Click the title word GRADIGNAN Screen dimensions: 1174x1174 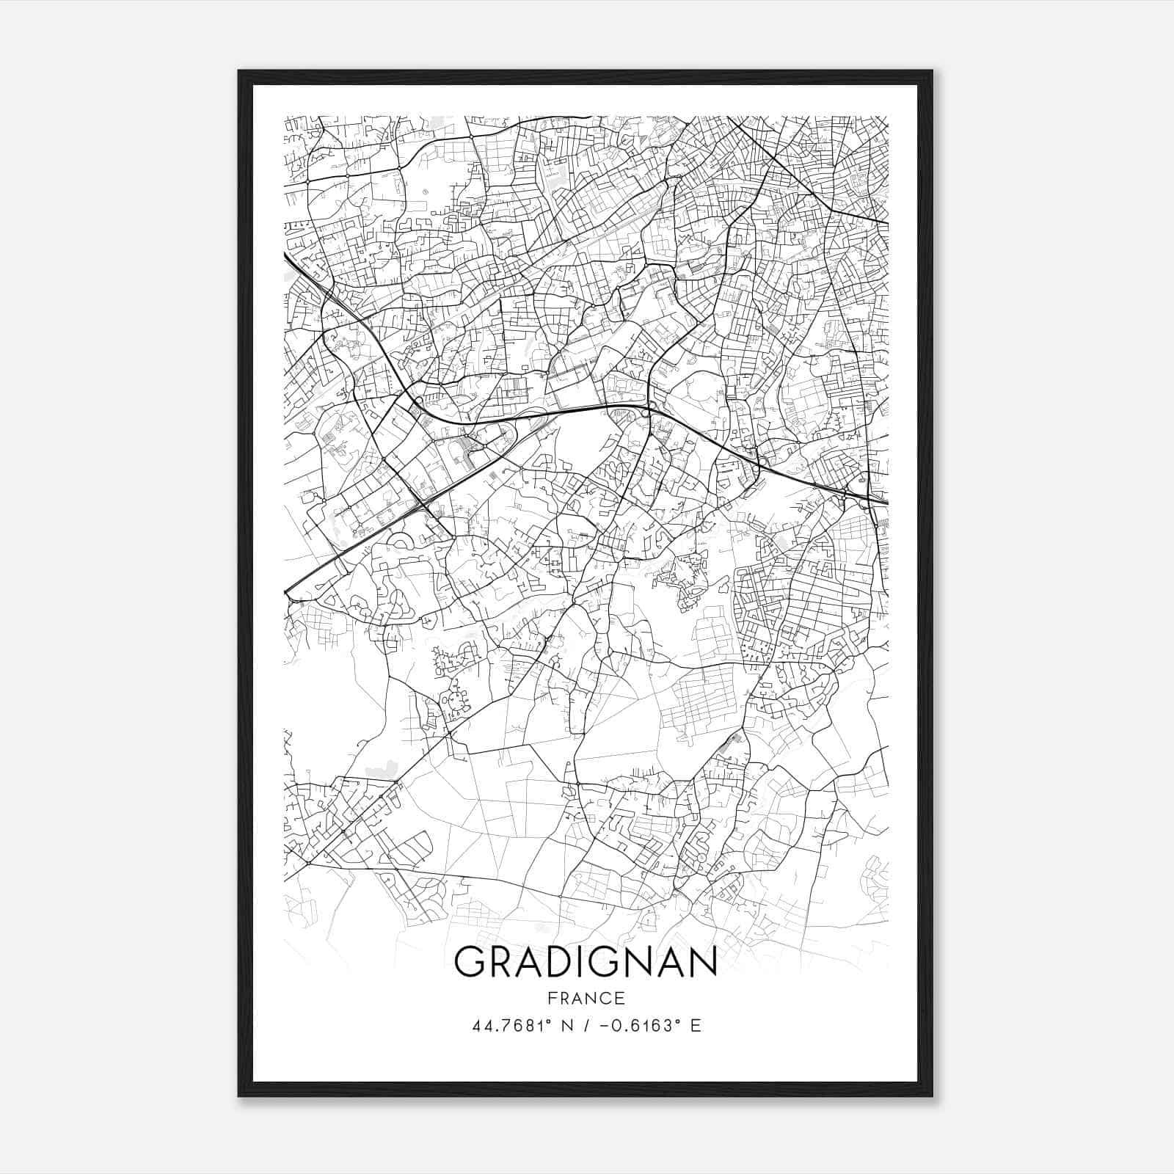tap(586, 962)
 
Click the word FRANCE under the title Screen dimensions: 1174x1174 tap(586, 999)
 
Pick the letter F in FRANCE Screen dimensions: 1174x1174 tap(553, 999)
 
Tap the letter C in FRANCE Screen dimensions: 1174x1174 tap(605, 999)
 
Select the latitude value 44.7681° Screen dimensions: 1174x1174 tap(513, 1026)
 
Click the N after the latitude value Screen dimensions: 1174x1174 tap(566, 1026)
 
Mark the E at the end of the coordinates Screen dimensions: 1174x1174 tap(695, 1026)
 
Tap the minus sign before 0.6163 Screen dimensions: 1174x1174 tap(604, 1026)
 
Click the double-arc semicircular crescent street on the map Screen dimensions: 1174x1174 tap(401, 542)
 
